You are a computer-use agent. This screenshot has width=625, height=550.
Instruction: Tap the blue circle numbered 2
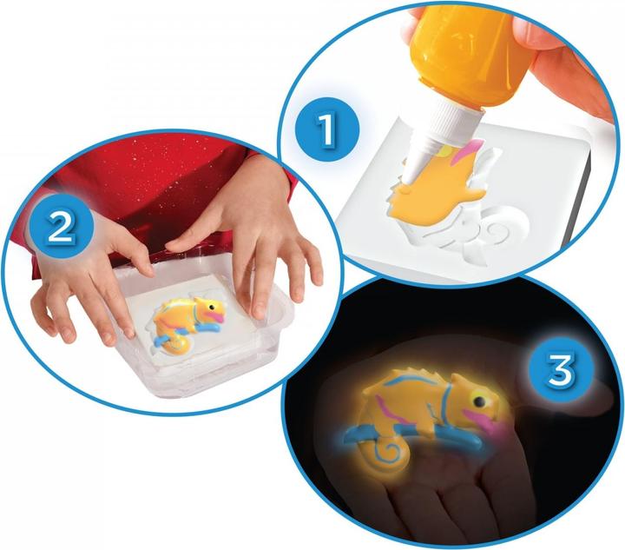(58, 227)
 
